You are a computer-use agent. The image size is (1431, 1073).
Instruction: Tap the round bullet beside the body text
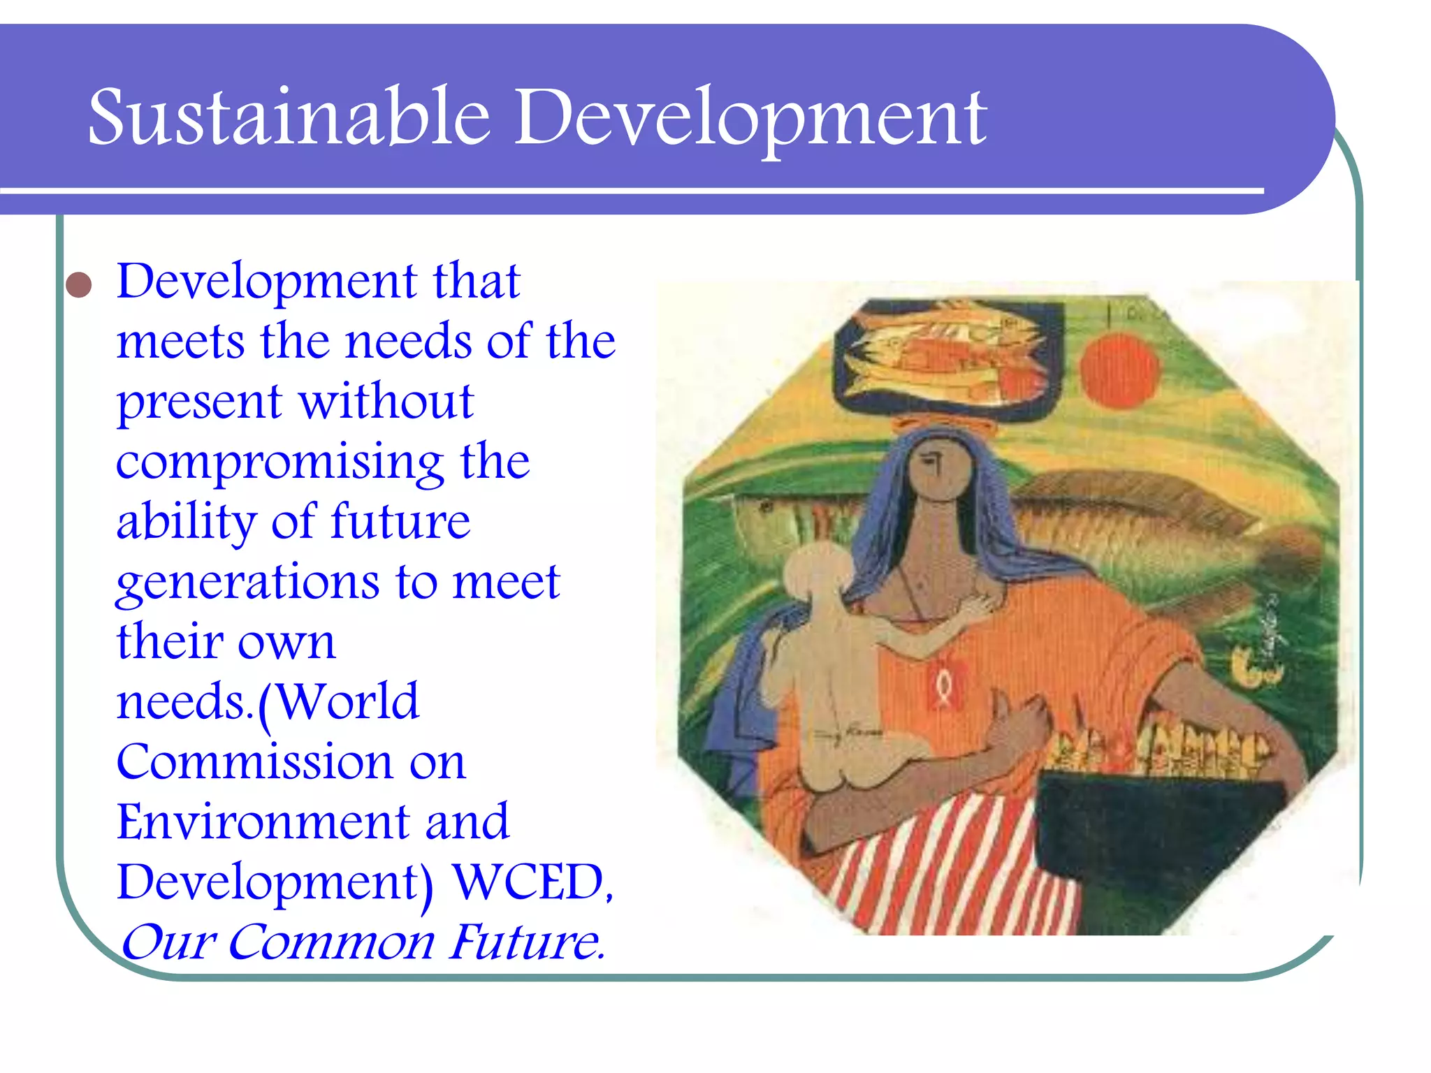79,285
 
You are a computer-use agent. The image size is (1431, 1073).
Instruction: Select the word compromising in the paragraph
279,462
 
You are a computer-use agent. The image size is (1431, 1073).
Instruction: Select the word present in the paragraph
198,404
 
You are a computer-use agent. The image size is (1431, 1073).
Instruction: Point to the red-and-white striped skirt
957,873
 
